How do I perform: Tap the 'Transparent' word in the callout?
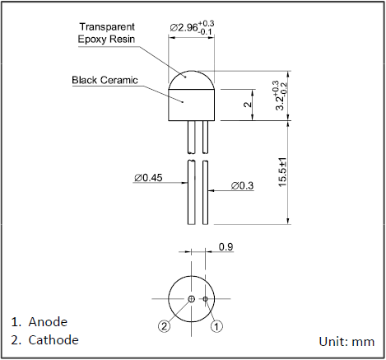point(107,27)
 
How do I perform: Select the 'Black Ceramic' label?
point(105,80)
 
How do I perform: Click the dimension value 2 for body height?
point(248,105)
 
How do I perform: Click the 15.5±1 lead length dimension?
point(282,172)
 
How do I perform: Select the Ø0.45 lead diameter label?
point(148,178)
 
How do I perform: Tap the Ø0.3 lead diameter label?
point(242,186)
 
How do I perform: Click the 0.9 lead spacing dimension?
point(226,247)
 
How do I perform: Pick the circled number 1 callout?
point(216,326)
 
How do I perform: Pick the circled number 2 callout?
point(164,326)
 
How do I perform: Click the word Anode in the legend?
point(48,322)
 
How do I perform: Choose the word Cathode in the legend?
point(53,340)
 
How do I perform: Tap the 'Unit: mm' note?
point(346,342)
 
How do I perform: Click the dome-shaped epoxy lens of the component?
point(192,80)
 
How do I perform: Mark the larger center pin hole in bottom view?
point(191,299)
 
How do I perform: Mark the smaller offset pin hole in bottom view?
point(205,299)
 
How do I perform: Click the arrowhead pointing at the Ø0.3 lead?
point(212,190)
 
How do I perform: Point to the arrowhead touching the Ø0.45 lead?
point(184,183)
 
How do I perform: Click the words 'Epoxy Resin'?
point(106,39)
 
